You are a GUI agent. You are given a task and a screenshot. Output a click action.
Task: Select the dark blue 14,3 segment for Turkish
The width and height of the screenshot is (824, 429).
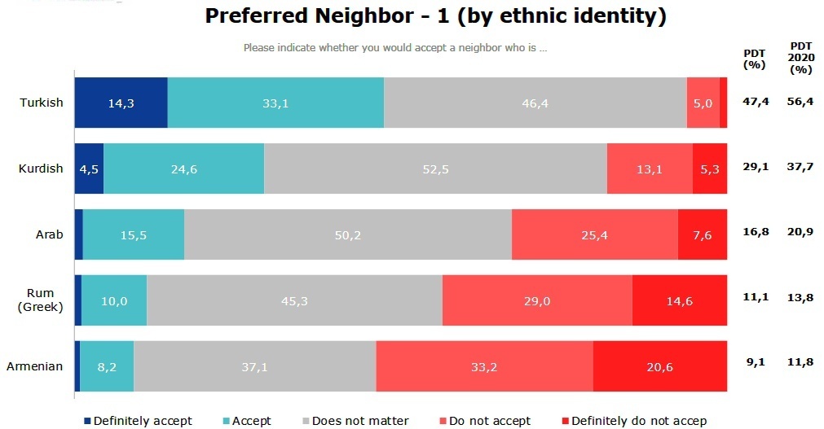[121, 103]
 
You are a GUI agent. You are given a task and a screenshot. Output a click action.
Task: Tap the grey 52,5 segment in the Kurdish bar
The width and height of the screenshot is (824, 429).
[435, 169]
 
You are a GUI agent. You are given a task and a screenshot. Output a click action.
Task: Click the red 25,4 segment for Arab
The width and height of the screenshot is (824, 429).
[594, 235]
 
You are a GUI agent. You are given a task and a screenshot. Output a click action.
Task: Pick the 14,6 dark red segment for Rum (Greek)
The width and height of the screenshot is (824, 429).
[679, 301]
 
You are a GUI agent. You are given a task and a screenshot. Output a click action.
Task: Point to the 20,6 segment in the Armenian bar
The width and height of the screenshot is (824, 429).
[659, 367]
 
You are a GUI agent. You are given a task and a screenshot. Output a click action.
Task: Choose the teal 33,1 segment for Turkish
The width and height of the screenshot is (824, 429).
[275, 103]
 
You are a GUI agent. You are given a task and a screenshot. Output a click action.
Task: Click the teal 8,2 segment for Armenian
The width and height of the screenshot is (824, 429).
[107, 367]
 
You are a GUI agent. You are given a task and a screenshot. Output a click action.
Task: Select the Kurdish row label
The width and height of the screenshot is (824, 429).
[41, 169]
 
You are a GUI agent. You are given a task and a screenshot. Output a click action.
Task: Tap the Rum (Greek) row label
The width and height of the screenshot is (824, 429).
[41, 300]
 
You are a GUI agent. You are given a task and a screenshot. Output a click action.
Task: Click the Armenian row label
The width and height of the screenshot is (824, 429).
[34, 366]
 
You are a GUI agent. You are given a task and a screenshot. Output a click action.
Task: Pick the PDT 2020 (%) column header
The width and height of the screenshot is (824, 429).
[801, 58]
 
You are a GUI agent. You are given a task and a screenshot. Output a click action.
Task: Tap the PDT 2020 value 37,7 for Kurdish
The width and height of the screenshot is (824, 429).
[800, 169]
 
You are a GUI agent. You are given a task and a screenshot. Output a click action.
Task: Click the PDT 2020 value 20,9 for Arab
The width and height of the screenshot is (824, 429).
[800, 235]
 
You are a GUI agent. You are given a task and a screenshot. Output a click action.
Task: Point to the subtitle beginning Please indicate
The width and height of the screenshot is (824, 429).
[394, 47]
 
